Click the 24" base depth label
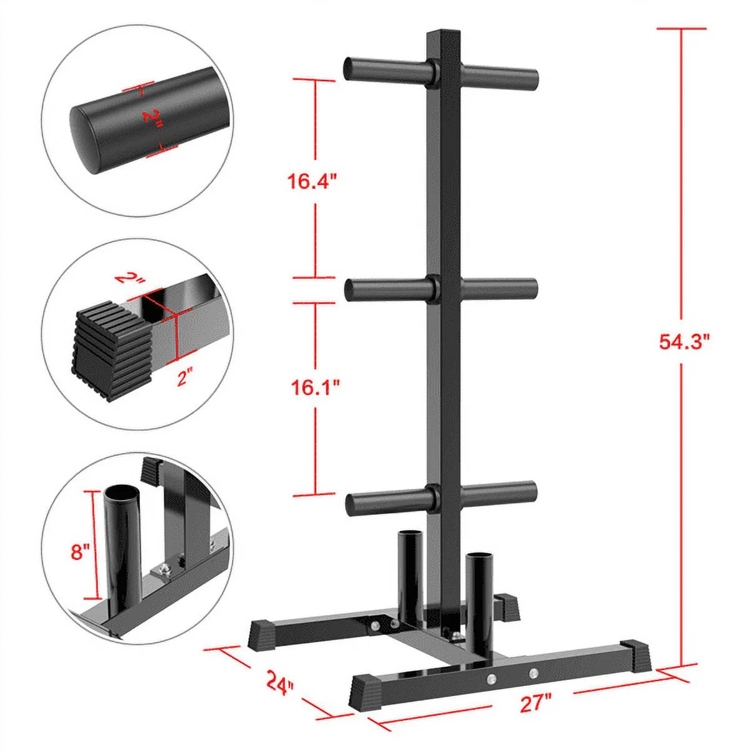coord(279,682)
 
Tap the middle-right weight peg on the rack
coord(500,289)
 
